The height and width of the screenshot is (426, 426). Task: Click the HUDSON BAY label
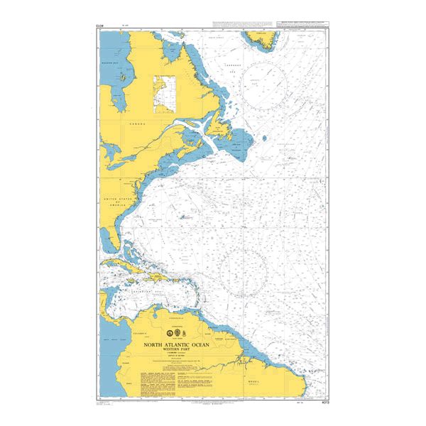pyautogui.click(x=109, y=63)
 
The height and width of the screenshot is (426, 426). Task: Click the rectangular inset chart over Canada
pyautogui.click(x=164, y=94)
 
